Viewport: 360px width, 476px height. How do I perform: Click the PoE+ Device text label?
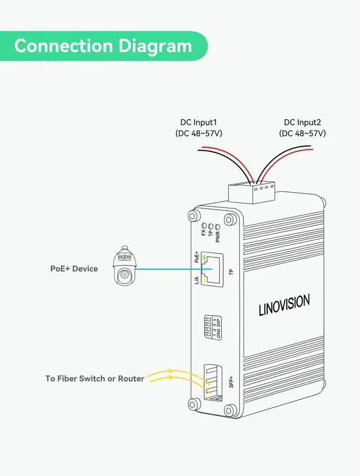coord(74,269)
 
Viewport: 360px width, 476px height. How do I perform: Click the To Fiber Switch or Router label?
coord(94,378)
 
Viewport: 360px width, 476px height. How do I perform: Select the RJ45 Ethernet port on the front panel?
coord(212,268)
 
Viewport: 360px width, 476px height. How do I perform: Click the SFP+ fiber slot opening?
coord(212,382)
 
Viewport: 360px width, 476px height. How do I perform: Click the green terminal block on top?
coord(251,191)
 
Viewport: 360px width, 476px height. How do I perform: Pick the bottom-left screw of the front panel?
coord(195,404)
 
